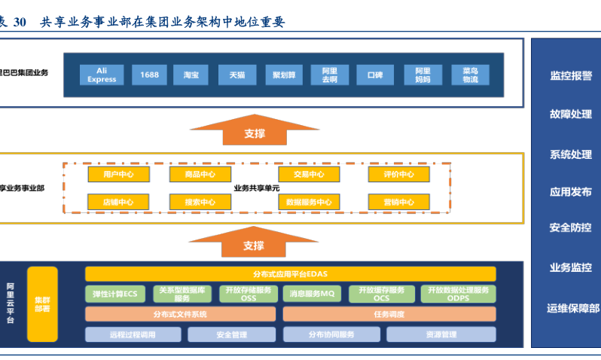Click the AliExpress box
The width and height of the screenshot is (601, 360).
click(102, 75)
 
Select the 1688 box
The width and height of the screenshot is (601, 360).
click(149, 75)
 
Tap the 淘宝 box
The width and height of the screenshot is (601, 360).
click(191, 75)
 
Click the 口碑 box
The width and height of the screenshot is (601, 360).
click(375, 75)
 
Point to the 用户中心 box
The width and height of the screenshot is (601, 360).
click(118, 175)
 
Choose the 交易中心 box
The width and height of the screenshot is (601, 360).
click(309, 175)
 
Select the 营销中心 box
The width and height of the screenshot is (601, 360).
click(398, 202)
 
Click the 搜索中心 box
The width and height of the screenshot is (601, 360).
click(200, 202)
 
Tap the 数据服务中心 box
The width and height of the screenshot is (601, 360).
click(309, 202)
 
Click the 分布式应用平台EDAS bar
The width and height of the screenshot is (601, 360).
click(290, 274)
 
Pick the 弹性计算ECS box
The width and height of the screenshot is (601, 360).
click(114, 294)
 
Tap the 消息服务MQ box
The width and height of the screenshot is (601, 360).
click(312, 294)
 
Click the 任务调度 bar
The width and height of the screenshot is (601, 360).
click(389, 314)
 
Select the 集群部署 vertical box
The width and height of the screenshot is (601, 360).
click(42, 304)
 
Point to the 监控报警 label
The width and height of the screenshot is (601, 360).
click(570, 75)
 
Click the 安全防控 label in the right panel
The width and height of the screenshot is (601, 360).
click(570, 227)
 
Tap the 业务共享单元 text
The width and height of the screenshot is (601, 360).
click(256, 188)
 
